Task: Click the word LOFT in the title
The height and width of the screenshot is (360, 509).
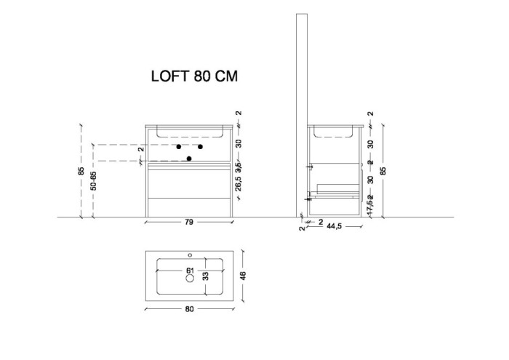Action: pyautogui.click(x=169, y=76)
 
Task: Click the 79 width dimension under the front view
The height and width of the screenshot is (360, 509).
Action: pyautogui.click(x=190, y=224)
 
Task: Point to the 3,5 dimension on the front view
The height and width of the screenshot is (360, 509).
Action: pyautogui.click(x=239, y=164)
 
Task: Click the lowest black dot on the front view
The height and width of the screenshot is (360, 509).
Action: pyautogui.click(x=190, y=159)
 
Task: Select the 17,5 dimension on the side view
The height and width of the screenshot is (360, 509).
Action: pyautogui.click(x=370, y=207)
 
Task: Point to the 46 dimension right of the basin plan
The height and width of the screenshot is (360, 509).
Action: pyautogui.click(x=244, y=276)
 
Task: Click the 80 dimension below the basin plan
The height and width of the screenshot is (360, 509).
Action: pyautogui.click(x=190, y=309)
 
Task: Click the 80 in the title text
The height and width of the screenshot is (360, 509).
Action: pyautogui.click(x=204, y=76)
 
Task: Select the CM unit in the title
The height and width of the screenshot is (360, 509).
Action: pyautogui.click(x=228, y=76)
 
